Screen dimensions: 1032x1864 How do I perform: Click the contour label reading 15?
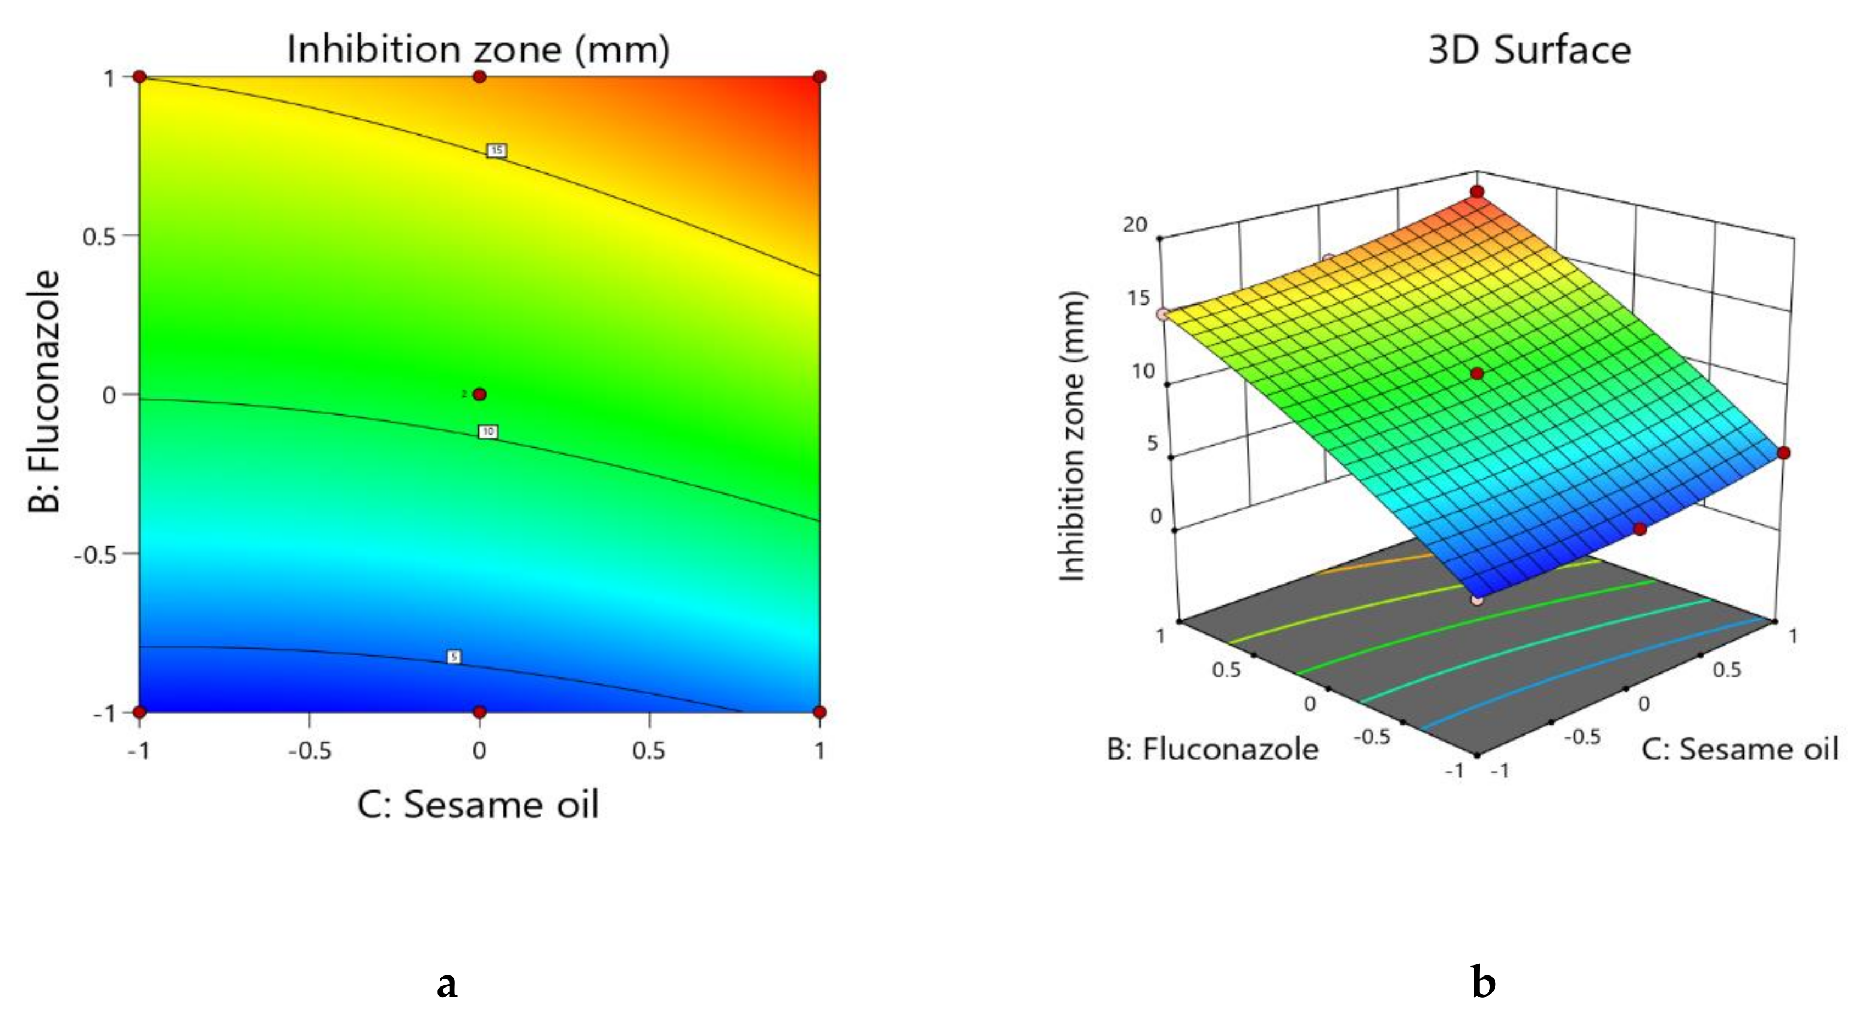(496, 150)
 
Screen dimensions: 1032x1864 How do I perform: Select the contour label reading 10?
(489, 431)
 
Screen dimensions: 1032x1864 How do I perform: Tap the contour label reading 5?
(454, 657)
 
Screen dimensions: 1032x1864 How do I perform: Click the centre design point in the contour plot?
(479, 395)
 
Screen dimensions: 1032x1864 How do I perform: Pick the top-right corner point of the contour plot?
(819, 77)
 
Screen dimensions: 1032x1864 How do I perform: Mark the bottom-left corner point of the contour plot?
(139, 712)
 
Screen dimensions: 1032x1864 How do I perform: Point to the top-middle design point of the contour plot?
(479, 77)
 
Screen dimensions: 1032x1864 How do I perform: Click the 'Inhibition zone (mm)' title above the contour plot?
(478, 49)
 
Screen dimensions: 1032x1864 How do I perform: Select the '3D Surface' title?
(1529, 50)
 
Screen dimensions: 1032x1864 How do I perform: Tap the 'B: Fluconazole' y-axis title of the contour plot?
(43, 391)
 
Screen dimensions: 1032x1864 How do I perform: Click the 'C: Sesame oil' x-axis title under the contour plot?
(478, 805)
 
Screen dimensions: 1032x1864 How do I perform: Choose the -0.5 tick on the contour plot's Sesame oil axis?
(310, 751)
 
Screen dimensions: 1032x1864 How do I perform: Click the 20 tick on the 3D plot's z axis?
(1135, 225)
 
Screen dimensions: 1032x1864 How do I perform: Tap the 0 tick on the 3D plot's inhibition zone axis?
(1155, 516)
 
